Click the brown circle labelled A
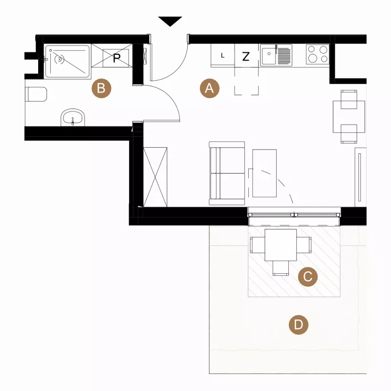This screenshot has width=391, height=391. coord(210,88)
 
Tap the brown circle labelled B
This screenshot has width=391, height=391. coord(101,88)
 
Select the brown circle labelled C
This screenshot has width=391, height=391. coord(308,277)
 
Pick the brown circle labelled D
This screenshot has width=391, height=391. coord(299,325)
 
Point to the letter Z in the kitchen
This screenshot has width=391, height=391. coord(246,57)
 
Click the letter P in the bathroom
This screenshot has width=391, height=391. coord(117,58)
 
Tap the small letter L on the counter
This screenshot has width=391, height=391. coord(223,56)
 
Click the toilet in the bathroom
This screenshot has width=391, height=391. coord(36,94)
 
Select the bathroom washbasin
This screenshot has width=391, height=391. coord(73,117)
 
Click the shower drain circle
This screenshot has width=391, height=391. coord(59,59)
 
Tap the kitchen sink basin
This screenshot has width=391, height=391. coord(268,55)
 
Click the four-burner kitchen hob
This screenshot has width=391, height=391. coord(318,54)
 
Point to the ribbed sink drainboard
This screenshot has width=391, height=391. coord(284,55)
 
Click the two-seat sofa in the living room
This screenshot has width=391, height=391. coord(227,174)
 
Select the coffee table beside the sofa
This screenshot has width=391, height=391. coord(264,174)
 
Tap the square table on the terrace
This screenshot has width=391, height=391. coord(281,245)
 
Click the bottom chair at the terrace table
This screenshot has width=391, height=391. coord(281,268)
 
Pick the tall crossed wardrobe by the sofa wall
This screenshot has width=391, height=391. coord(155,177)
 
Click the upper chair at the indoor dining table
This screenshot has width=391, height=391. coord(349,100)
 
